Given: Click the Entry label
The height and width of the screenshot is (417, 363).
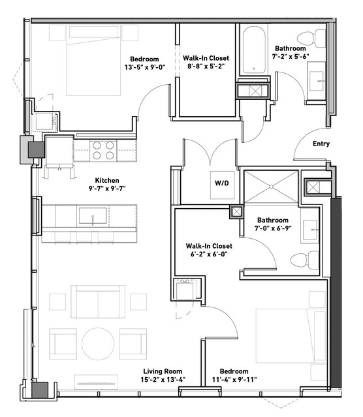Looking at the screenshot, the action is [x=321, y=144].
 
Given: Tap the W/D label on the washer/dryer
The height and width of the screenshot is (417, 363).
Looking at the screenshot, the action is [x=222, y=183].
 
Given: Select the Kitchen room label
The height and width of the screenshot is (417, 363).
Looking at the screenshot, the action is [x=107, y=180].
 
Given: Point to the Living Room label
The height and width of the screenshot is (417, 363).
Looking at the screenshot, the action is [x=163, y=371].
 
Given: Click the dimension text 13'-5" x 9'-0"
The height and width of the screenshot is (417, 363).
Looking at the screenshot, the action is [x=145, y=67].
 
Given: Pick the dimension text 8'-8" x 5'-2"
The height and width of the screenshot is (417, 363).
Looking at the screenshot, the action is [x=206, y=66].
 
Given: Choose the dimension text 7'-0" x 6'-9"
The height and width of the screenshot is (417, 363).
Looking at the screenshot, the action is [x=273, y=228].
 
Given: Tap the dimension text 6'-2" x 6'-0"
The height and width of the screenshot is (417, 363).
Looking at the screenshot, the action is [x=209, y=254].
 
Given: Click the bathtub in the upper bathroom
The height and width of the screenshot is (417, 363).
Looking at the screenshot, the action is [x=253, y=50].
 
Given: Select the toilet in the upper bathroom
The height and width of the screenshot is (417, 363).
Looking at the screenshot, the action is [x=311, y=39].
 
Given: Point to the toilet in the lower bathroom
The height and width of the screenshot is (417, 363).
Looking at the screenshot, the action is [x=305, y=260].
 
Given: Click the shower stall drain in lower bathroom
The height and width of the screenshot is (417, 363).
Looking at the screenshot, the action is [x=271, y=187].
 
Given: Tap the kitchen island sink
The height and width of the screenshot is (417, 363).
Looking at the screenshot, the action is [x=93, y=216].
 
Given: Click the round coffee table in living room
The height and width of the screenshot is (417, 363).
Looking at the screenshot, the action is [x=98, y=344].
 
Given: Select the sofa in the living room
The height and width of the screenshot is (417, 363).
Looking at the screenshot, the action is [x=98, y=301].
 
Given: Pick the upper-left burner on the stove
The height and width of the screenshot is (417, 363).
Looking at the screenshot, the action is [x=97, y=146].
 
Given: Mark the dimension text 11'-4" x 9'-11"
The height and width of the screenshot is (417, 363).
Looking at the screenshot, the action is [x=234, y=379].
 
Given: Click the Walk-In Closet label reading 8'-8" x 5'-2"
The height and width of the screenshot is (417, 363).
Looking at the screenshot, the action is [x=206, y=58].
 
